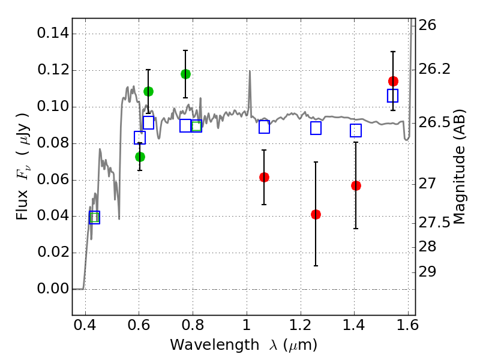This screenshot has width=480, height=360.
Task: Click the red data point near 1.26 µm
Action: click(316, 214)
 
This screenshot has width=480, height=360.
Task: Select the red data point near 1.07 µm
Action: click(264, 177)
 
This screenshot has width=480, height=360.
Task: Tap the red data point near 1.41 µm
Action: click(356, 185)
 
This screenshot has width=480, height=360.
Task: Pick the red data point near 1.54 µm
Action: click(393, 81)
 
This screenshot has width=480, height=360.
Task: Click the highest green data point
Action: click(185, 74)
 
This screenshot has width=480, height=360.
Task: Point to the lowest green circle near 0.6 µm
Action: click(140, 157)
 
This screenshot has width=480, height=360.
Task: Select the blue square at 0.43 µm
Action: click(94, 217)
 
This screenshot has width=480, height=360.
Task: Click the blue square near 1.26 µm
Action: click(316, 128)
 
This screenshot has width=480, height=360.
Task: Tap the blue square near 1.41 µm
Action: click(356, 130)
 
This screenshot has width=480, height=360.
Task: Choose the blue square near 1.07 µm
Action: click(264, 127)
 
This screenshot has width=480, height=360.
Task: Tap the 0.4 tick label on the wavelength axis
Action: click(85, 327)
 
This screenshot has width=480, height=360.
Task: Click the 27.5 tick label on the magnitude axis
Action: click(436, 223)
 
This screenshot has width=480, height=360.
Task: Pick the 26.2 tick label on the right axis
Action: click(436, 70)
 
